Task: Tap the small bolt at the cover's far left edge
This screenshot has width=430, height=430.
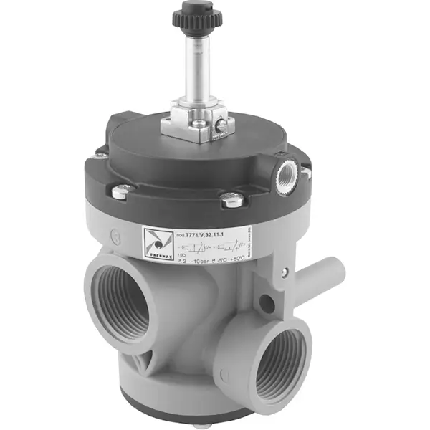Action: click(102, 155)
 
